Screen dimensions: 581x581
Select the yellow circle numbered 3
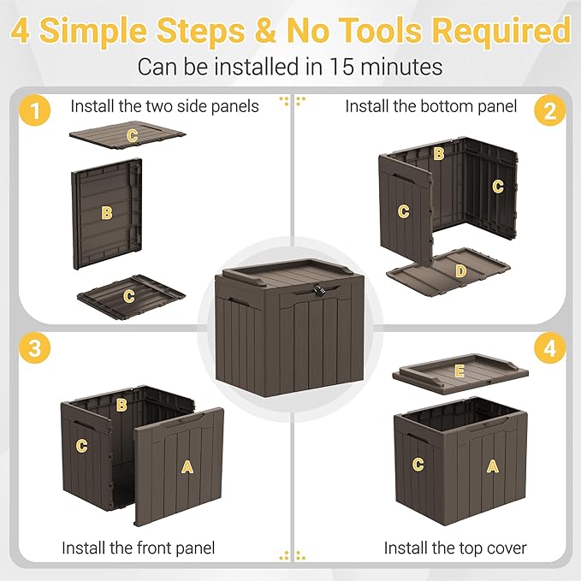[x=33, y=348]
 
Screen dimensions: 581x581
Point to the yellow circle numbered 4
[x=548, y=348]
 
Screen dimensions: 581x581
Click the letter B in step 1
[x=107, y=212]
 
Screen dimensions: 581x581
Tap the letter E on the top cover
[x=459, y=371]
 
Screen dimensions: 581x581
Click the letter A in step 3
[x=187, y=466]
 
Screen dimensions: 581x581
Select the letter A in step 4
[x=492, y=465]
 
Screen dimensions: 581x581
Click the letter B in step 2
[x=438, y=154]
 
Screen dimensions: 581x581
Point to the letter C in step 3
[x=82, y=445]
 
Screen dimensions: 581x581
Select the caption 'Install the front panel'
[x=138, y=548]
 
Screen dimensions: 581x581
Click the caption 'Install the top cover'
[x=455, y=548]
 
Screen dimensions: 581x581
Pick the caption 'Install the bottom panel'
[x=431, y=106]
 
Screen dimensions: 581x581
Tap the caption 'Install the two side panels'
[x=164, y=106]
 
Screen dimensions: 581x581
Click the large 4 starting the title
[x=22, y=32]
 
